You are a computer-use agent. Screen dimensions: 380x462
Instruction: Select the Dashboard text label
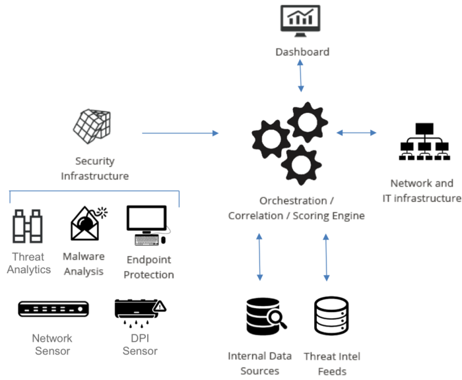coord(301,51)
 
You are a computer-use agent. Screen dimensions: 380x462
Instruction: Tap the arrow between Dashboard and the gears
coord(301,77)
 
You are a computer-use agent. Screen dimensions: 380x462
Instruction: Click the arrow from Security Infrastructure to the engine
coord(181,133)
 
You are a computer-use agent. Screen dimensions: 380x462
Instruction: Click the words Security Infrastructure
coord(94,168)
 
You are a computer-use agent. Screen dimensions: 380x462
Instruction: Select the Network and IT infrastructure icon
coord(422,141)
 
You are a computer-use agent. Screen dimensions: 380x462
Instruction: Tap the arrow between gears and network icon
coord(356,133)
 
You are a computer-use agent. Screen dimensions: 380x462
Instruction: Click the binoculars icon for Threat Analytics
coord(28,226)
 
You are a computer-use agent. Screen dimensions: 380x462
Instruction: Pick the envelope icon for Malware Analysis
coord(88,223)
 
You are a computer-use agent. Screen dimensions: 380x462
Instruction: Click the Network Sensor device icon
coord(52,308)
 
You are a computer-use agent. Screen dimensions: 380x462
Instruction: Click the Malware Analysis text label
coord(84,264)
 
